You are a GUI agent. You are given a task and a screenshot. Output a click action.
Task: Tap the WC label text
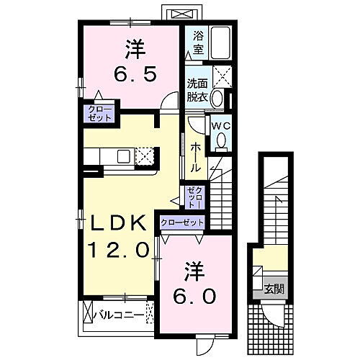point(220,123)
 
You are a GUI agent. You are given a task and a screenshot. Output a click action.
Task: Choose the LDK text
point(119,223)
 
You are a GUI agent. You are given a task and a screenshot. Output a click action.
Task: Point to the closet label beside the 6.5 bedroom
point(96,114)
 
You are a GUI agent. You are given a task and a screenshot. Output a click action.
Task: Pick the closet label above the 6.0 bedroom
point(182,222)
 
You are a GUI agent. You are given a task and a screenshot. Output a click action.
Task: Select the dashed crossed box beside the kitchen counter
point(145,156)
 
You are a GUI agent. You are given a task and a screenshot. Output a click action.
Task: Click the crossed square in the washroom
point(222,75)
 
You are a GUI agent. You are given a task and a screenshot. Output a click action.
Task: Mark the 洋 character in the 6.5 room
point(132,48)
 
